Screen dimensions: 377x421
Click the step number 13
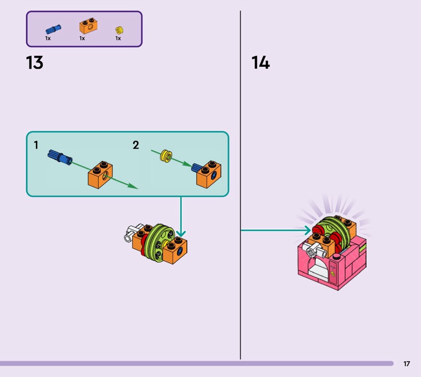coord(35,63)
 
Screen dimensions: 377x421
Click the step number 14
coord(260,63)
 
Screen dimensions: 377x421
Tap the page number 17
coord(407,363)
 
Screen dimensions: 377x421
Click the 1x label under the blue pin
coord(48,38)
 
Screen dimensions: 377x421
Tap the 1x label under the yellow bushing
coord(118,38)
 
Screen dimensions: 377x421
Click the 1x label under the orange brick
coord(82,38)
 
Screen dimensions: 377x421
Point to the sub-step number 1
coord(36,145)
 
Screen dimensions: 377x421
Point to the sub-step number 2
coord(136,145)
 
